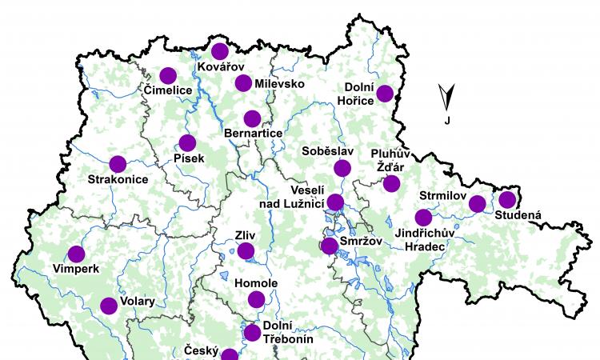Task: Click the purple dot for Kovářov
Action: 220,52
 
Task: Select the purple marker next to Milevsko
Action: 244,83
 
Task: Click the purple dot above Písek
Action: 187,143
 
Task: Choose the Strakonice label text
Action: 118,180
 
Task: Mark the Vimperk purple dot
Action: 76,254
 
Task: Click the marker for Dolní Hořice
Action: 385,94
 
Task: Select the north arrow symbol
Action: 447,97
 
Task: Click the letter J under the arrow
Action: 447,121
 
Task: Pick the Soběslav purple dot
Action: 342,168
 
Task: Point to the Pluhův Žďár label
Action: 390,159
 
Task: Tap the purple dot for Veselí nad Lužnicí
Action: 335,202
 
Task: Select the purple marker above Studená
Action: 506,199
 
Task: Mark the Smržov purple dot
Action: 329,246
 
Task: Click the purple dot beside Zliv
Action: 246,251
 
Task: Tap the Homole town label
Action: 256,284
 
